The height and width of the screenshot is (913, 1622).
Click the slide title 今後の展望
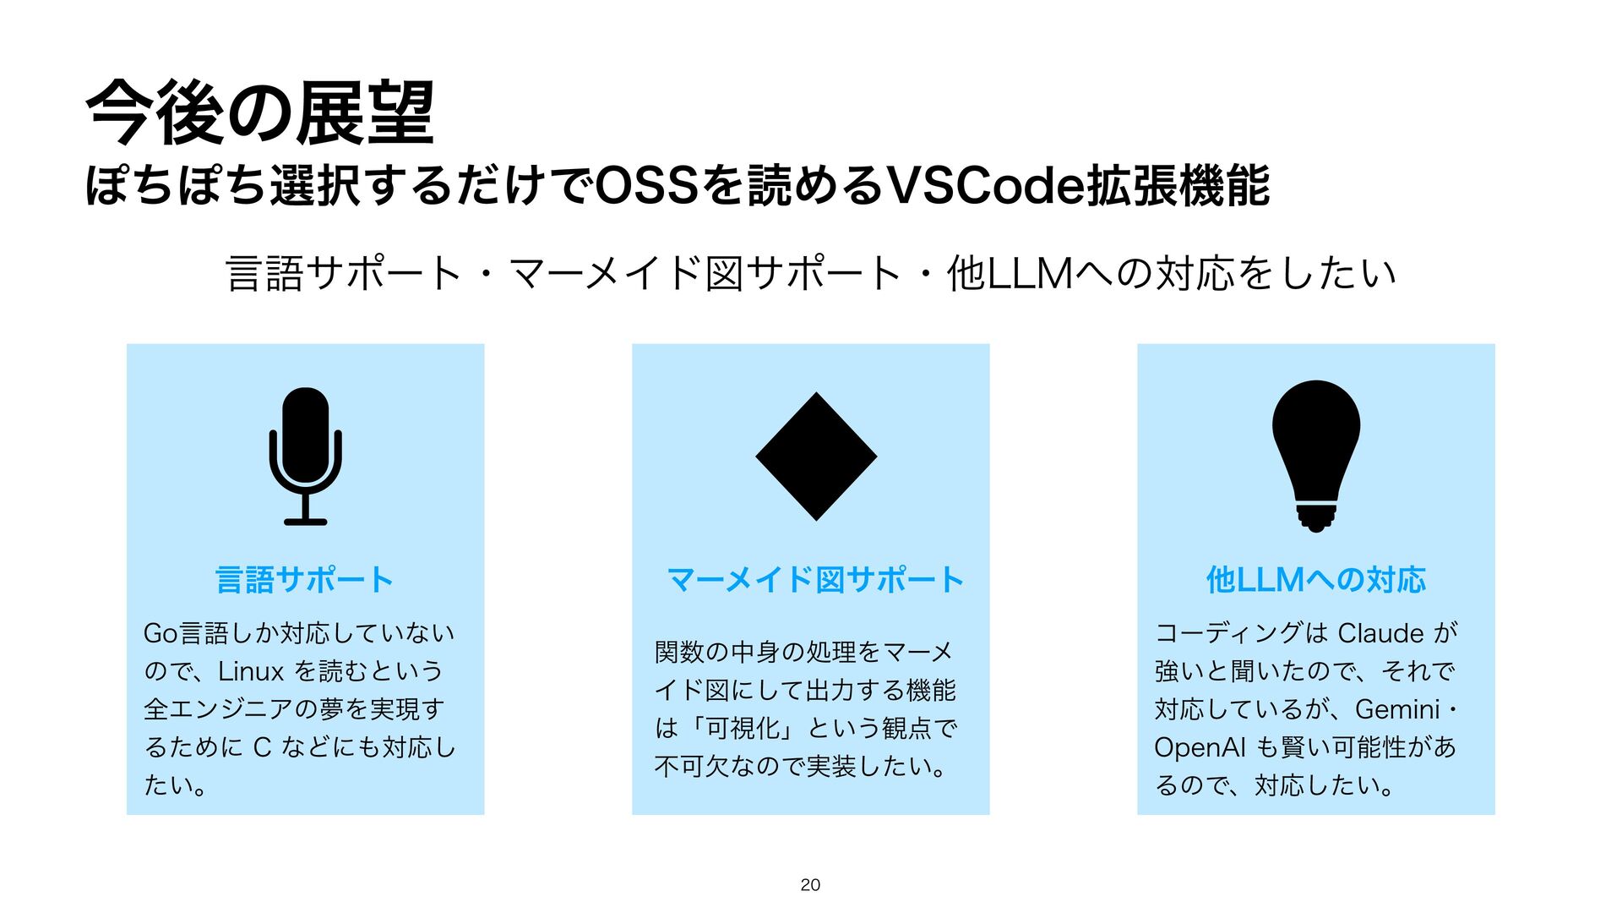point(260,113)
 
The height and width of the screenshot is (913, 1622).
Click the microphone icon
point(305,456)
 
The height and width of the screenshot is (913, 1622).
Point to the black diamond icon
point(816,456)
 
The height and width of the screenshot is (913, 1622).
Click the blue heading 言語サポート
point(305,580)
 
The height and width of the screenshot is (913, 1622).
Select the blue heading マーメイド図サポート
point(815,580)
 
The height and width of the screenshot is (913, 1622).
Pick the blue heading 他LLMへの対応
point(1315,580)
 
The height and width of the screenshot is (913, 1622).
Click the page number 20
point(810,884)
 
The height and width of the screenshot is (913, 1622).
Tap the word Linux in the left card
point(251,671)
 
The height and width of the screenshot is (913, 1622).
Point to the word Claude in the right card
point(1381,633)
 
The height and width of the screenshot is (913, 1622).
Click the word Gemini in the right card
point(1397,709)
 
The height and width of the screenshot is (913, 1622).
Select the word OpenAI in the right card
point(1200,747)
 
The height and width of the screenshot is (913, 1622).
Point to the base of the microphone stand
point(305,521)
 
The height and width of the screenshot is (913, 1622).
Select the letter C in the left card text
point(262,747)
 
